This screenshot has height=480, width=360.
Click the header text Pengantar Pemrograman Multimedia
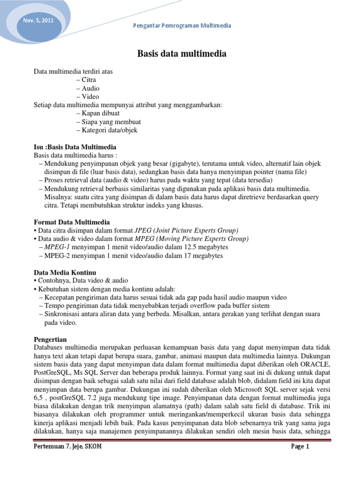coord(181,25)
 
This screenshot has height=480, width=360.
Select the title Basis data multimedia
coord(181,54)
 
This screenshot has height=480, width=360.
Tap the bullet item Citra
coord(88,80)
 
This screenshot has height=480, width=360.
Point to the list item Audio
coord(90,88)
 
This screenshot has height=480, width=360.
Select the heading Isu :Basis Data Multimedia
coord(75,147)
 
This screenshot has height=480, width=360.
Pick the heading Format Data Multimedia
coord(72,222)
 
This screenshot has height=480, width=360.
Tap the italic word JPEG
coord(143,230)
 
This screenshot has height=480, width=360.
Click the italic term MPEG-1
coord(54,247)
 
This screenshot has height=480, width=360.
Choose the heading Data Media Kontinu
coord(65,272)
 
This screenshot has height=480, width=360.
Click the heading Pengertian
coord(51,338)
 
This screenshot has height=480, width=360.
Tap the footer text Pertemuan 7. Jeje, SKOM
coord(67,447)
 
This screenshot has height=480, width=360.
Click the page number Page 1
coord(300,447)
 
